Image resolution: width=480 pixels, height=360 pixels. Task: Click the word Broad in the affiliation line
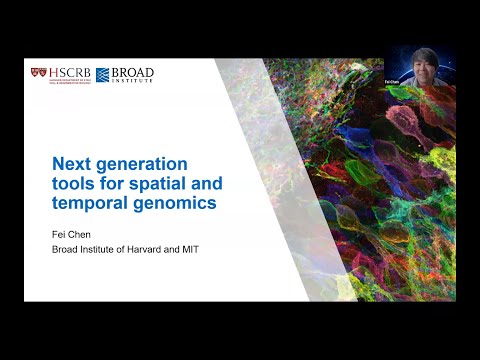[x=66, y=250]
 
